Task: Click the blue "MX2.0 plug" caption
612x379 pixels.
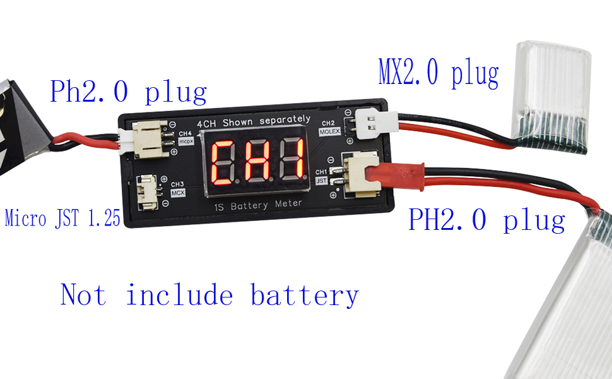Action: pos(438,73)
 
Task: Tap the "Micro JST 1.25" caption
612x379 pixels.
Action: pos(62,218)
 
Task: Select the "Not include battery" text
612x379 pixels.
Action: pos(209,295)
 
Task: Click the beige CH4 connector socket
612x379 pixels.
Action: pos(150,139)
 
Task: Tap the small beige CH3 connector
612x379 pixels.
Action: pos(148,192)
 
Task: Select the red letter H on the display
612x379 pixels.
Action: pos(257,160)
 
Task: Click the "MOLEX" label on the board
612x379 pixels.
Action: pos(329,131)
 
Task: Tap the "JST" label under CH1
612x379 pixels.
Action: pos(321,181)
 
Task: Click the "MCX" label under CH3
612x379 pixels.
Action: pos(178,193)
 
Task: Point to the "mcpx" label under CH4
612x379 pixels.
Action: pos(185,141)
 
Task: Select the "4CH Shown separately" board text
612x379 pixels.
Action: pos(254,121)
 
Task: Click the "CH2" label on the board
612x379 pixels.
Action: pos(328,123)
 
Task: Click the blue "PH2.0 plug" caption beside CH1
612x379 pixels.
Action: pos(486,220)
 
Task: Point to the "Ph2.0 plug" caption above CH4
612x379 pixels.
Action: pos(128,92)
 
